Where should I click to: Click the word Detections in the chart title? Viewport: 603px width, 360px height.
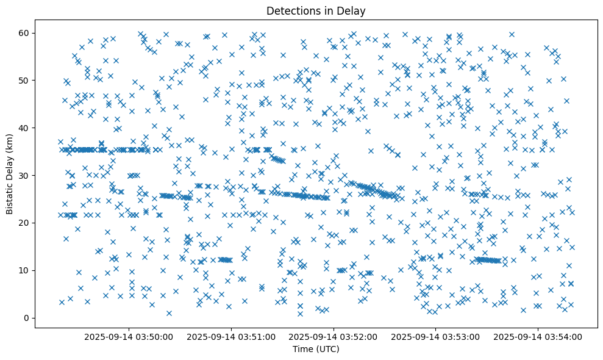coord(288,11)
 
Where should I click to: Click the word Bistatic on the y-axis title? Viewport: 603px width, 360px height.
coord(10,198)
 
